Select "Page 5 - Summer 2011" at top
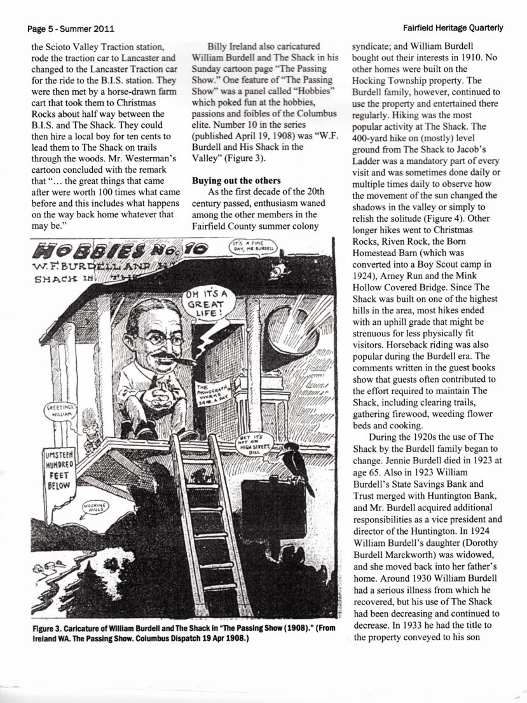pyautogui.click(x=67, y=29)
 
